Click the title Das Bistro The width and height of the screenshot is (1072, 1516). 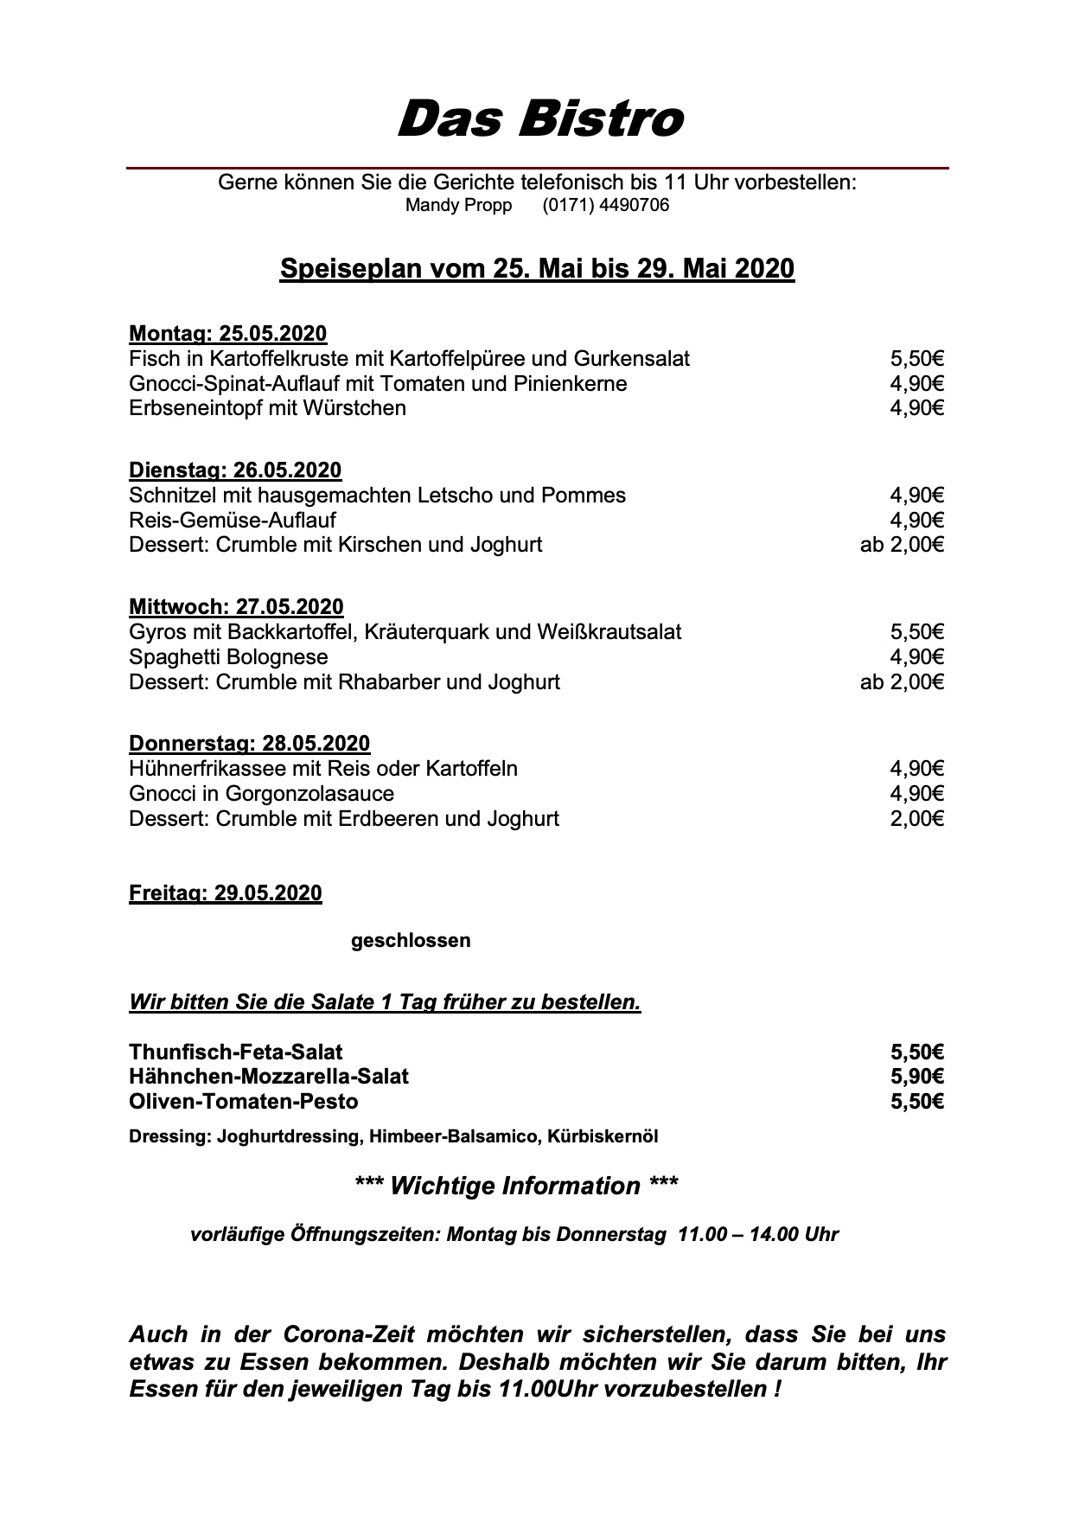point(539,118)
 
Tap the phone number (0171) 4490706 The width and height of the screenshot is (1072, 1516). point(605,206)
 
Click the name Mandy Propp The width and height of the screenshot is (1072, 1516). point(458,206)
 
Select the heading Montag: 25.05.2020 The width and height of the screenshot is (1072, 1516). point(227,334)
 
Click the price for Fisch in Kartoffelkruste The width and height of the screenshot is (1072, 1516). point(916,359)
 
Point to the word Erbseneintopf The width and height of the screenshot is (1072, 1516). point(195,408)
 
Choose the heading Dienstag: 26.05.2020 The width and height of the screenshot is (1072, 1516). point(235,470)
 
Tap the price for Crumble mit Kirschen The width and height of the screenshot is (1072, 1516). point(902,545)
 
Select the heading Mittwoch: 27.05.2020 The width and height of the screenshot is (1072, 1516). point(236,607)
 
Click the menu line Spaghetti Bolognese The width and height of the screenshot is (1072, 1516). point(228,657)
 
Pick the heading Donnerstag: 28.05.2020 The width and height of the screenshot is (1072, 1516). point(249,744)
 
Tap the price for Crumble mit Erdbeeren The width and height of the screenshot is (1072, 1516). point(916,819)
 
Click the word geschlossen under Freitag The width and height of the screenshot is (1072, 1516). point(411,940)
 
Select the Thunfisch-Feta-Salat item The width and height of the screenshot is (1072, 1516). point(235,1052)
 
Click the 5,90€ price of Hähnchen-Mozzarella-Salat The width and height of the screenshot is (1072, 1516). point(916,1077)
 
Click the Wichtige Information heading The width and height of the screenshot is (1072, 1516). point(516,1186)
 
